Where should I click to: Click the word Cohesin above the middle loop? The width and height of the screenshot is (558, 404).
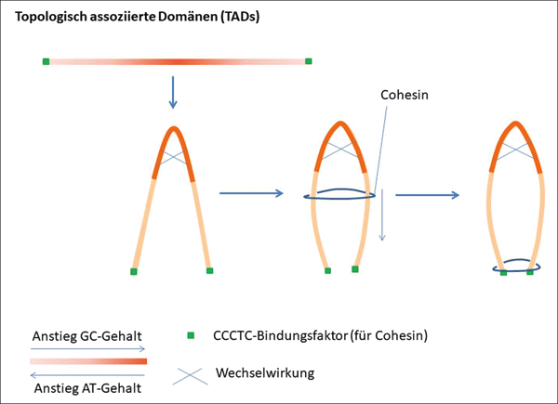point(405,96)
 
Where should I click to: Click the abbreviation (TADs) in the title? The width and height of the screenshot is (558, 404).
point(235,18)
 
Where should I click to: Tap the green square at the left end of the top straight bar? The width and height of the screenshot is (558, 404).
point(46,62)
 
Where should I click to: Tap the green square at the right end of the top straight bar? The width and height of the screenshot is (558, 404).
point(308,62)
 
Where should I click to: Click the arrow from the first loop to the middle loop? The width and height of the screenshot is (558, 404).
point(251,193)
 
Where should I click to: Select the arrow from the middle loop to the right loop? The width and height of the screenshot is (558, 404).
point(427,195)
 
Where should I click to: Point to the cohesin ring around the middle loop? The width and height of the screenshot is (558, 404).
point(340,195)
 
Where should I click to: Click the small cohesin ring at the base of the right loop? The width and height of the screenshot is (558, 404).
point(516,267)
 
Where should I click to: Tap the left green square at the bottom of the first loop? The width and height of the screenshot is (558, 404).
point(134,271)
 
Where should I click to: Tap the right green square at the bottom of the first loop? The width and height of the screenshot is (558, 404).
point(209,271)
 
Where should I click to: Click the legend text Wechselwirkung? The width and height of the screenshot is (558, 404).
point(264,373)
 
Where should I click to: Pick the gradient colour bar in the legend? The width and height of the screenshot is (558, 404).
point(88,361)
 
